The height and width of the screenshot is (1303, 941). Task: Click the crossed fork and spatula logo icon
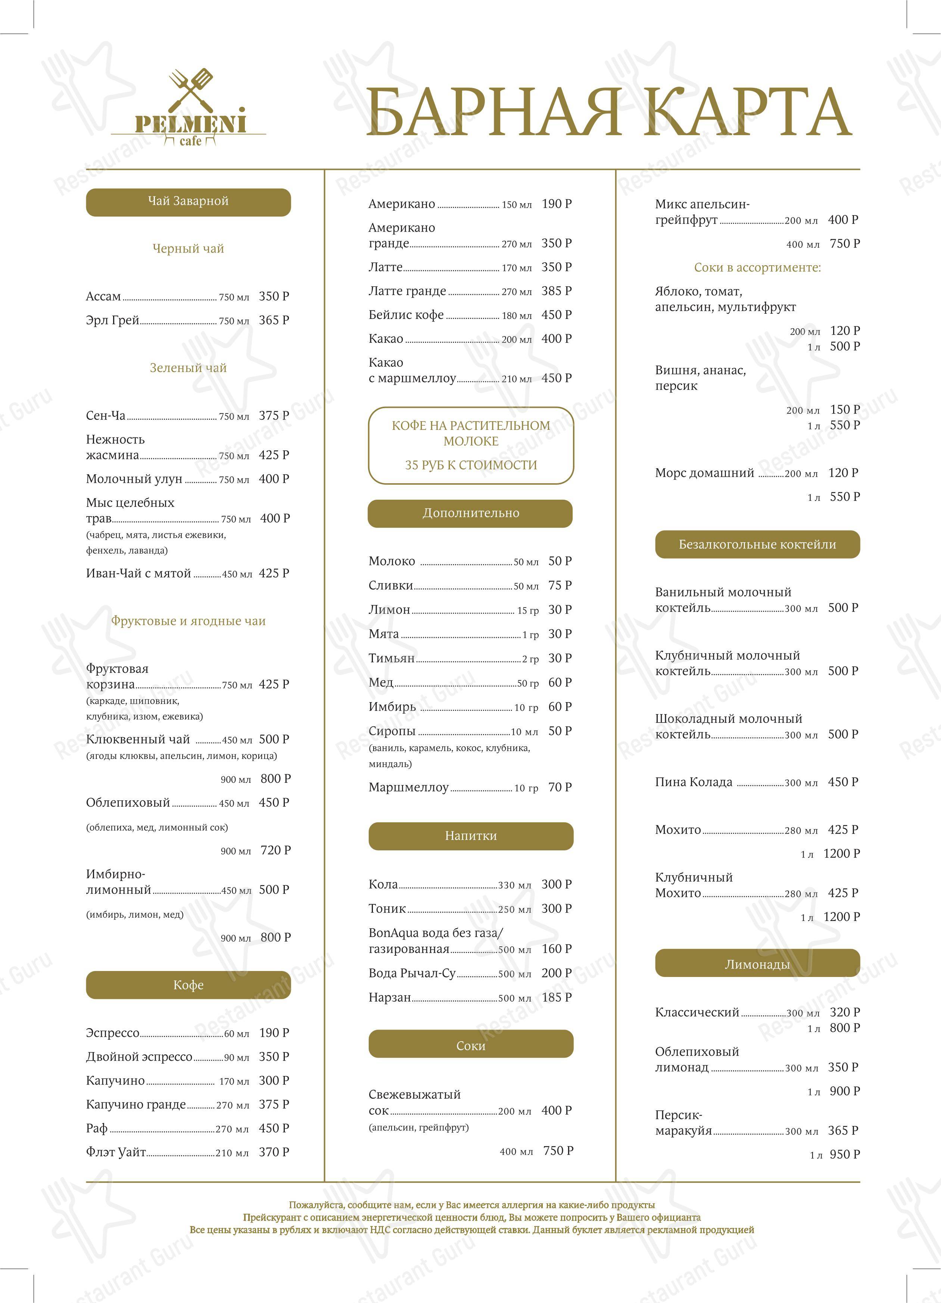pos(191,90)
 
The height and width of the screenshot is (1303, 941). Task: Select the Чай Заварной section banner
pos(188,202)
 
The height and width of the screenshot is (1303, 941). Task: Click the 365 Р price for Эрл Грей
pos(274,320)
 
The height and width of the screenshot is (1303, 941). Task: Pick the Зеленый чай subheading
pos(188,368)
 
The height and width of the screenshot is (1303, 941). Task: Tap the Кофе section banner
pos(188,985)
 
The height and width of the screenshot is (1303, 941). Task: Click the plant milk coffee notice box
pos(471,445)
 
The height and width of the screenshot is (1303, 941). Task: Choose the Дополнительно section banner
pos(470,514)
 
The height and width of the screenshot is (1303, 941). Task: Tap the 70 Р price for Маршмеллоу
pos(560,788)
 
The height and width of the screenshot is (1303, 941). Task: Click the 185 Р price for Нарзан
pos(556,998)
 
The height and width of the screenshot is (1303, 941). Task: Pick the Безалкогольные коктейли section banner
pos(757,545)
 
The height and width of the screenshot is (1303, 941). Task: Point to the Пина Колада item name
pos(694,782)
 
